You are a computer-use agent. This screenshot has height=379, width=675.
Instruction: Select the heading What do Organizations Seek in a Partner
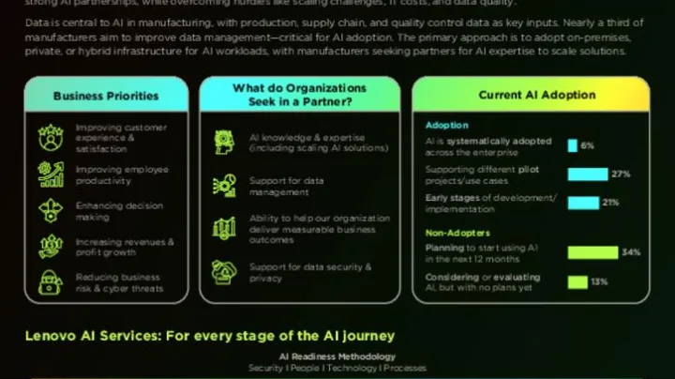(x=300, y=95)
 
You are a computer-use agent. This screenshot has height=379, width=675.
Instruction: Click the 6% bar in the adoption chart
(x=572, y=145)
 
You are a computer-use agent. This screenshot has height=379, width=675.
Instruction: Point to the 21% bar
(x=583, y=203)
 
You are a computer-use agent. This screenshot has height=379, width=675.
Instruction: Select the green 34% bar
(x=592, y=252)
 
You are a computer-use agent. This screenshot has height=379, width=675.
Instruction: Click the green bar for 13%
(x=577, y=281)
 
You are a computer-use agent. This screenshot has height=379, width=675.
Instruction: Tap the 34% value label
(x=631, y=252)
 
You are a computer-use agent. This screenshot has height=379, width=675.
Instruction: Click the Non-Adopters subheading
(x=457, y=233)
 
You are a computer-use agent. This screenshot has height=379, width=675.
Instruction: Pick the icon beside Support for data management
(x=225, y=186)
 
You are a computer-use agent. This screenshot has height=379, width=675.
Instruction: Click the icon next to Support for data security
(x=225, y=272)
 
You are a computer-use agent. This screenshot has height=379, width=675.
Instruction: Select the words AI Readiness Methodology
(x=337, y=356)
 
